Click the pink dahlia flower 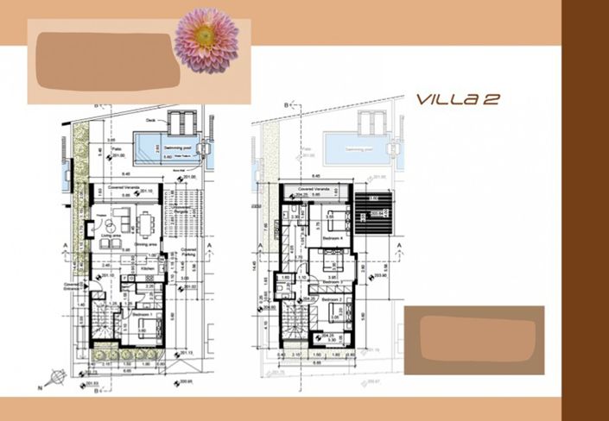pyautogui.click(x=206, y=40)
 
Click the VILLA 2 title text pyautogui.click(x=457, y=100)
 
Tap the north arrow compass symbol pyautogui.click(x=58, y=376)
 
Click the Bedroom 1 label pyautogui.click(x=143, y=316)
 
